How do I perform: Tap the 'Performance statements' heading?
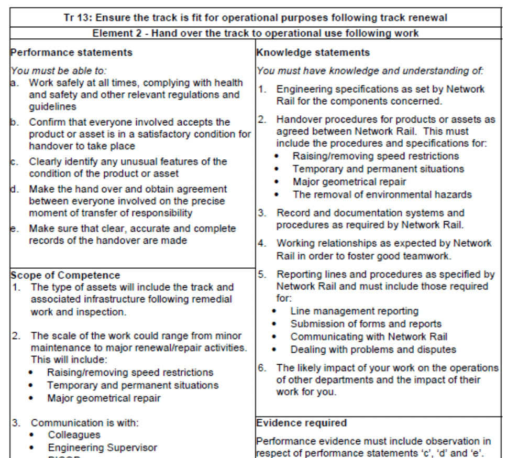(x=71, y=52)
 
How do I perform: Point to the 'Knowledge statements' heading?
(x=313, y=52)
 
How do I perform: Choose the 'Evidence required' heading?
(x=302, y=422)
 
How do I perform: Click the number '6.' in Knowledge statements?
(x=261, y=368)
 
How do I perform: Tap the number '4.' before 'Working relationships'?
(x=261, y=243)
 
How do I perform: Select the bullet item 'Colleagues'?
(x=74, y=435)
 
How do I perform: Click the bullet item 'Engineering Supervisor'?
(x=102, y=448)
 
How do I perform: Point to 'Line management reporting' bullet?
(x=355, y=311)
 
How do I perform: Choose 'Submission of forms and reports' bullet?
(x=366, y=324)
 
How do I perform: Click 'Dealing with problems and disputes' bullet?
(x=373, y=349)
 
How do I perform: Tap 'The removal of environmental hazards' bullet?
(x=382, y=194)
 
